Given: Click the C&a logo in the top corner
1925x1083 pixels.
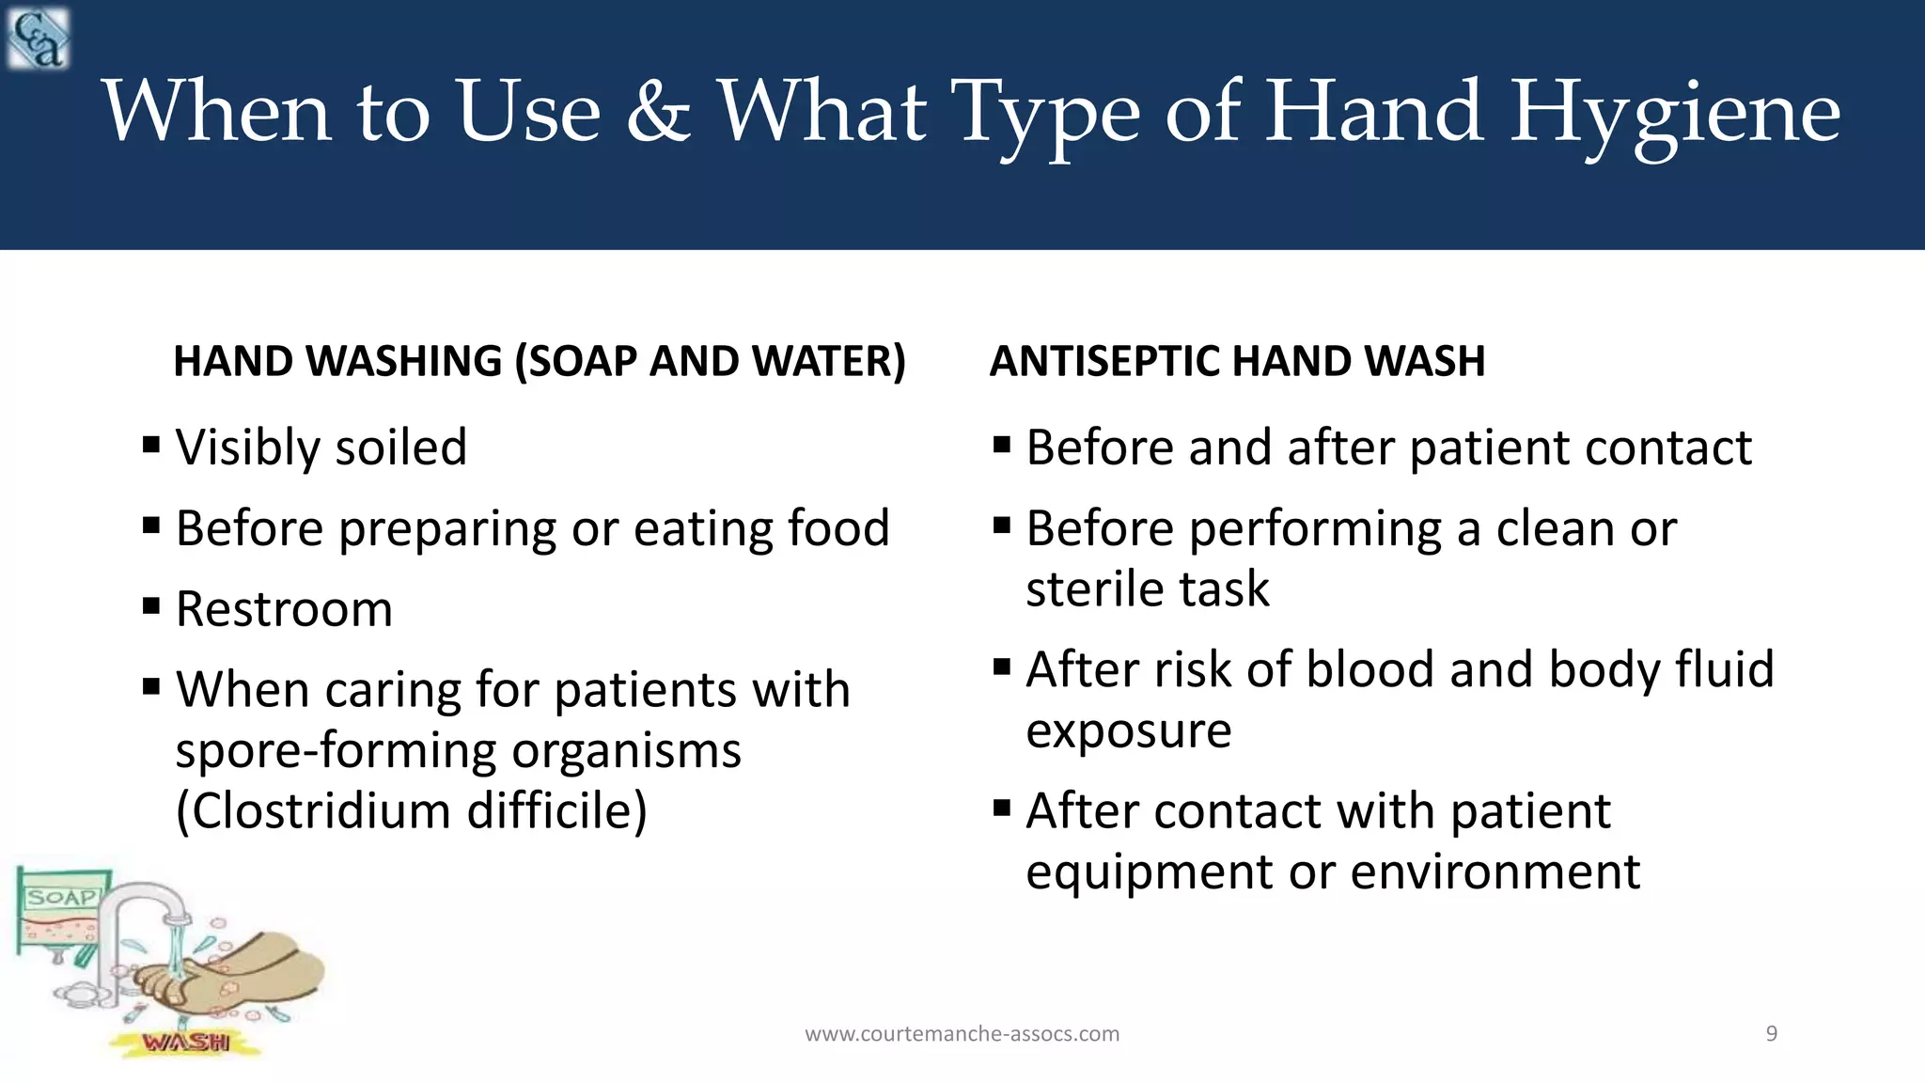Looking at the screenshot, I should (38, 38).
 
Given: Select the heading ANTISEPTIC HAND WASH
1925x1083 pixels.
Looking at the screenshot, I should (1237, 361).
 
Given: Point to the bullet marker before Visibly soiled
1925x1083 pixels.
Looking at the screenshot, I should (151, 444).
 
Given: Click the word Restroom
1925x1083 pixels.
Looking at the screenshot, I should (284, 608).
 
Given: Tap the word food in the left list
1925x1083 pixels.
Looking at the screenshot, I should (837, 527).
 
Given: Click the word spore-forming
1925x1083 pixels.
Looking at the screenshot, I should (336, 750).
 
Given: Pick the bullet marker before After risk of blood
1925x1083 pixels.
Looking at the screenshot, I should (1002, 667).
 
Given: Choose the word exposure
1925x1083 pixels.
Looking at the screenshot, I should (1128, 730).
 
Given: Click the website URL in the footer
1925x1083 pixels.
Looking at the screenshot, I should (962, 1034).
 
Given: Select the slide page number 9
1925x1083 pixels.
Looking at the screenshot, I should (1771, 1034).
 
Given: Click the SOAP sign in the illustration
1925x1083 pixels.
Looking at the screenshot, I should (62, 897).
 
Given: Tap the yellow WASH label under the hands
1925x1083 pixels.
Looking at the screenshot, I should (186, 1042).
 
